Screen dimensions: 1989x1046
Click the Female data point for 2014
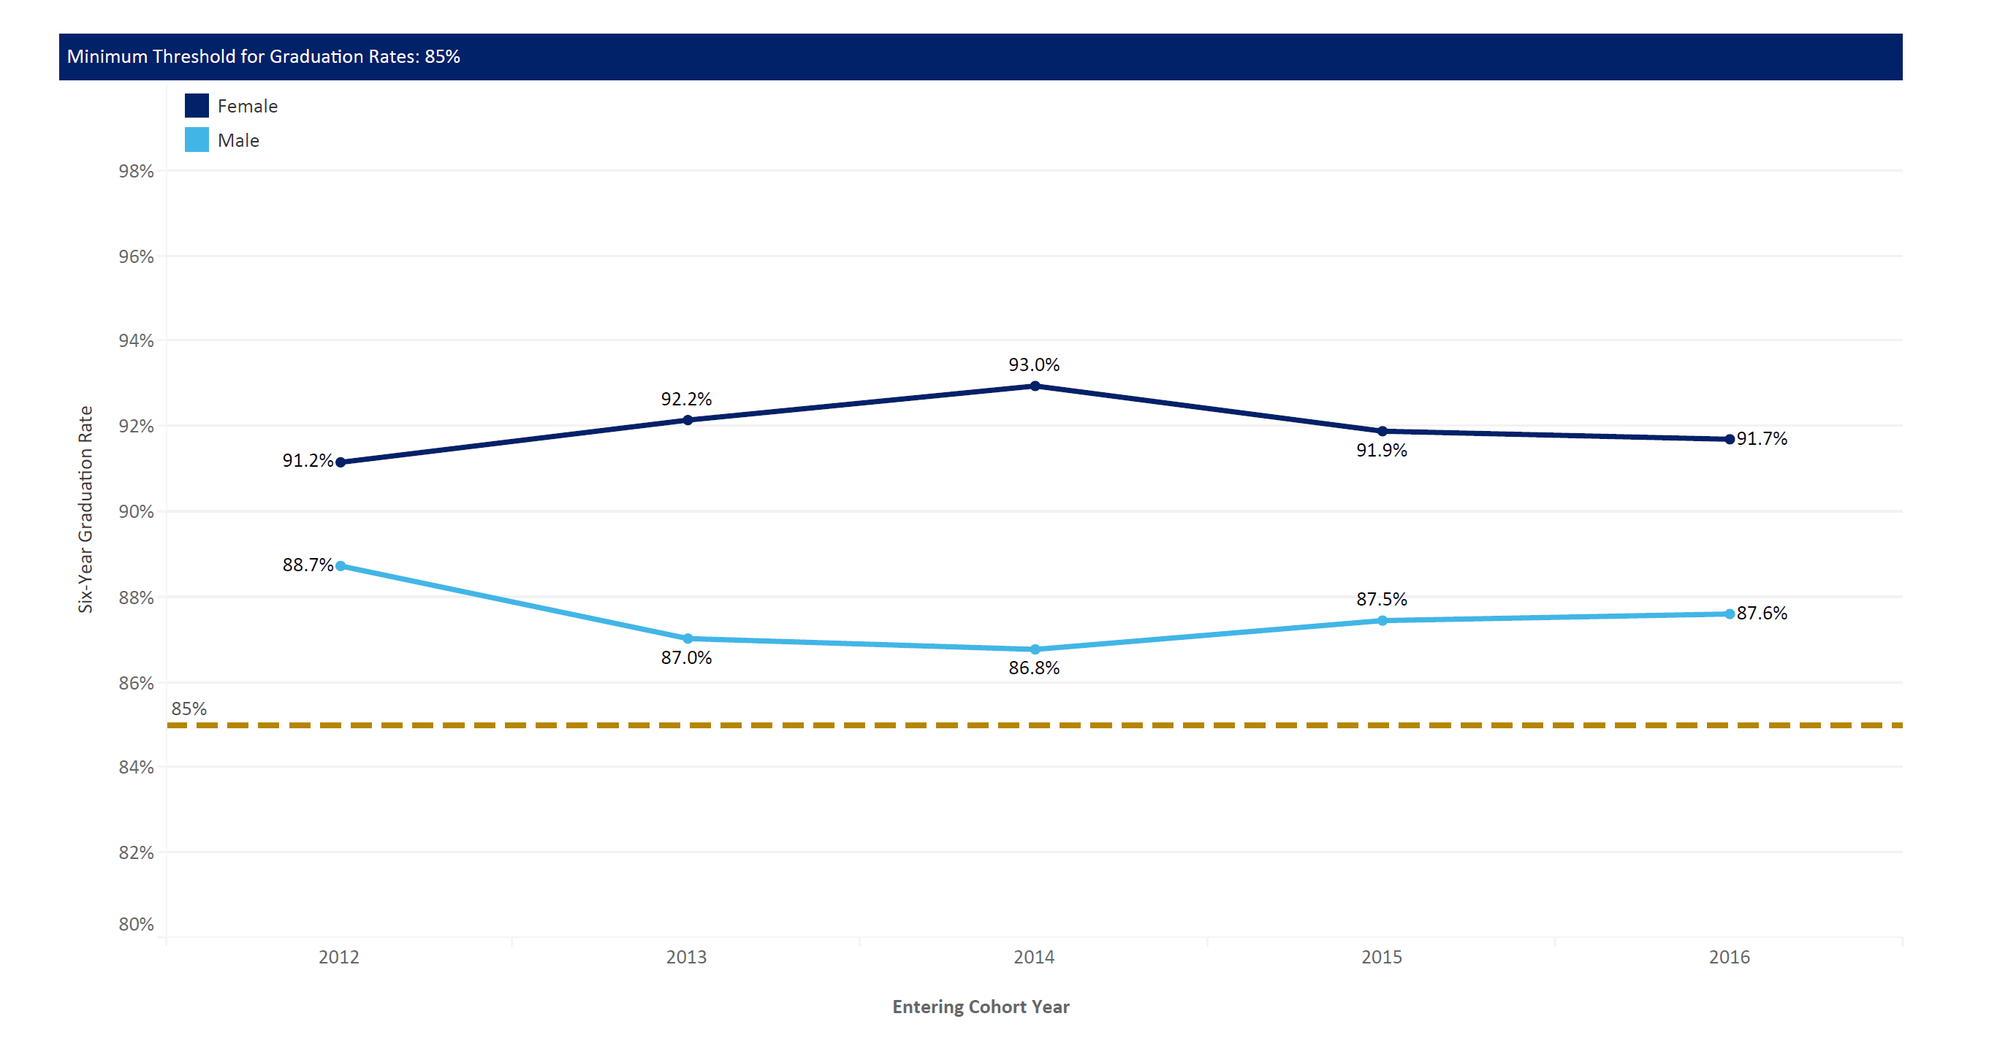tap(1035, 386)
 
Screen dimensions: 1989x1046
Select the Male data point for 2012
tap(341, 566)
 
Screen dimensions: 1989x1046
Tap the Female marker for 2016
tap(1730, 439)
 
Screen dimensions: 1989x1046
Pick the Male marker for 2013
tap(688, 638)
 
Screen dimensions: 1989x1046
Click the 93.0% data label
tap(1034, 364)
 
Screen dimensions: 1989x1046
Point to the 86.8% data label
tap(1034, 668)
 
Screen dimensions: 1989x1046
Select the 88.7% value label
tap(308, 565)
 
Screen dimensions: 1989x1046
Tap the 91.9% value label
tap(1381, 450)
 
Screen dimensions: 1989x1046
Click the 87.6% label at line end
tap(1762, 613)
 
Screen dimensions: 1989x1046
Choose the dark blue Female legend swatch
tap(197, 106)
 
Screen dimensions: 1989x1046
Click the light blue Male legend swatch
tap(197, 140)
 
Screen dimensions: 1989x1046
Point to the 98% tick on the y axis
tap(136, 172)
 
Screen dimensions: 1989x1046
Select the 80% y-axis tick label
tap(136, 924)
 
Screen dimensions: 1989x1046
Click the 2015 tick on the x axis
tap(1381, 957)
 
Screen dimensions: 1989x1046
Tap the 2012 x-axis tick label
tap(339, 957)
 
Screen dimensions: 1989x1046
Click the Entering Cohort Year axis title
tap(981, 1007)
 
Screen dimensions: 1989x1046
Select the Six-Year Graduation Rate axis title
tap(85, 510)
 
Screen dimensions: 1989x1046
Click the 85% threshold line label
tap(189, 709)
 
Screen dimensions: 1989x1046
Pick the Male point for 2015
tap(1382, 621)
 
